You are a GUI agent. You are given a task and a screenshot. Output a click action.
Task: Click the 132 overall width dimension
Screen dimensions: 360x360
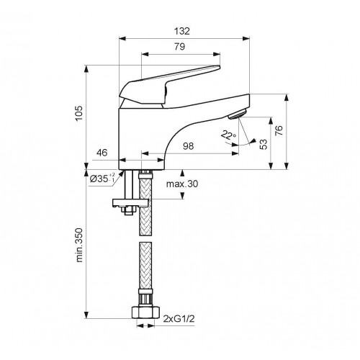click(182, 31)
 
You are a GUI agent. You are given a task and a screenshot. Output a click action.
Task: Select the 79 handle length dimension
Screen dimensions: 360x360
click(180, 47)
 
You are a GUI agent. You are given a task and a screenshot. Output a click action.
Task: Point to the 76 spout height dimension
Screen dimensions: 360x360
click(279, 130)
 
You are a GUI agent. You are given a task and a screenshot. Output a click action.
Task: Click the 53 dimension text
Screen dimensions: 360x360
click(264, 144)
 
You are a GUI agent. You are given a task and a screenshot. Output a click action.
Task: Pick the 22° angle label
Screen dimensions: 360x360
click(228, 135)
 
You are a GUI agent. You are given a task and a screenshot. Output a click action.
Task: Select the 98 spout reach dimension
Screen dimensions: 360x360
click(188, 146)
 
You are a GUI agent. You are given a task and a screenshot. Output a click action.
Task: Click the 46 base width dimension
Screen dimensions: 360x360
click(102, 153)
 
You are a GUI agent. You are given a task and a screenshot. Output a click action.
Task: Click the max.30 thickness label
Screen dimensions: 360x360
click(182, 184)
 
